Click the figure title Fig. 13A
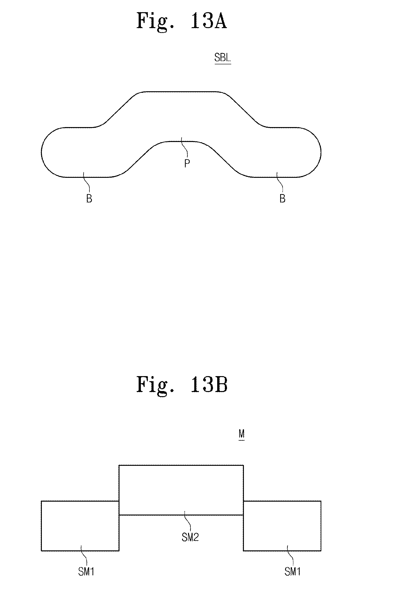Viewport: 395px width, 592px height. [x=181, y=21]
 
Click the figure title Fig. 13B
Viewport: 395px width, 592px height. [x=182, y=385]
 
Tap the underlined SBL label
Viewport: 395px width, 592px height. [x=223, y=58]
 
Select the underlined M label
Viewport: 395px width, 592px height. [x=241, y=434]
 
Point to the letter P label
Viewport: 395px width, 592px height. [x=187, y=164]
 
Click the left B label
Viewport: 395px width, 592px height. [x=89, y=199]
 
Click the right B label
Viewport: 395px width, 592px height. [x=282, y=199]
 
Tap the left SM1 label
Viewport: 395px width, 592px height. [x=86, y=572]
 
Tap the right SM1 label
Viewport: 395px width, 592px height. [x=292, y=572]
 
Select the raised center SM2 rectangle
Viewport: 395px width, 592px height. [x=181, y=490]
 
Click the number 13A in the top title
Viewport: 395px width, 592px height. [x=209, y=21]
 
